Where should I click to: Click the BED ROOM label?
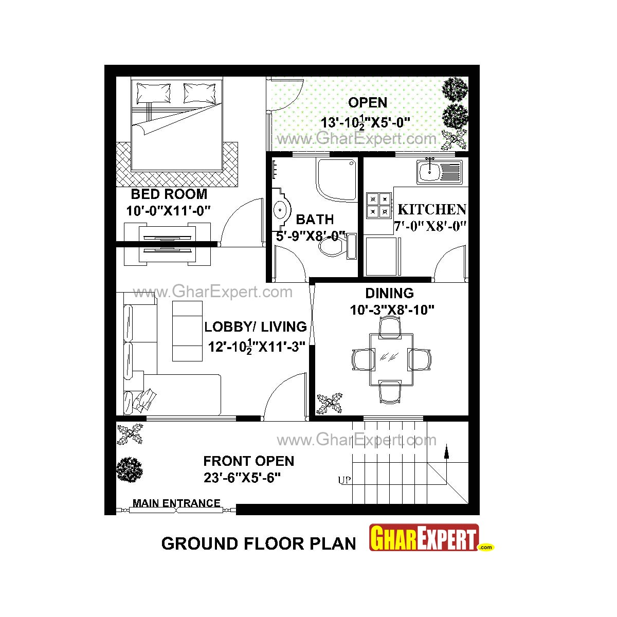169,194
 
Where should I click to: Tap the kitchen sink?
440,171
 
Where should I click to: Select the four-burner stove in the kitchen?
378,205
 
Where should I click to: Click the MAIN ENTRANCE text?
176,503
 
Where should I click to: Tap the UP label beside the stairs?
344,480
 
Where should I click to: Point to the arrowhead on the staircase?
446,452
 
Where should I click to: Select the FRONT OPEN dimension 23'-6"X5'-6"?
242,478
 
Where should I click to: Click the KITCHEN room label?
432,209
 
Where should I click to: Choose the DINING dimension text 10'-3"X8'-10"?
392,310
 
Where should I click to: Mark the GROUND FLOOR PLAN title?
259,543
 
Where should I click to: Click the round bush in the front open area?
129,469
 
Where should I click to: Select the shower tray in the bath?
336,179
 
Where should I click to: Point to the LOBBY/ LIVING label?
256,326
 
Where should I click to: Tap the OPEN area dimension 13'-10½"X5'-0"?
365,123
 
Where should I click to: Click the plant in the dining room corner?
330,404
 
